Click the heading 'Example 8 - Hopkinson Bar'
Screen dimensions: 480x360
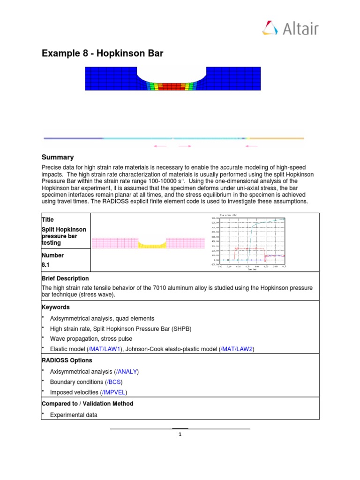[103, 53]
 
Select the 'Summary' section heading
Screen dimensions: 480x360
[58, 157]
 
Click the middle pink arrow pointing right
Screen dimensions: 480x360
[185, 146]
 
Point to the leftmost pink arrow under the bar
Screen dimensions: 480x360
[160, 146]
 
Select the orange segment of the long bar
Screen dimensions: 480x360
[277, 138]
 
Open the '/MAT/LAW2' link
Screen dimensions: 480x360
[237, 349]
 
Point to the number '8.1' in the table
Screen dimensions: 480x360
[47, 265]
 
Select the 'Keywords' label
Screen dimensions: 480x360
[56, 307]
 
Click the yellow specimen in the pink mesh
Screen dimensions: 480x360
[152, 245]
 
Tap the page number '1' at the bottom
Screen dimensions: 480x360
[180, 434]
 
